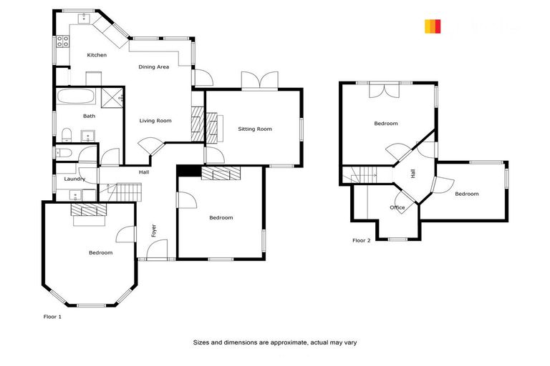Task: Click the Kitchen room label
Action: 97,55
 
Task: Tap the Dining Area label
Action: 153,67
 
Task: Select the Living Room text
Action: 155,121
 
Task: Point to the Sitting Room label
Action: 255,129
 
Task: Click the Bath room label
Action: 89,116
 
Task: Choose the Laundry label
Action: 74,179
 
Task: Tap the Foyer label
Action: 153,230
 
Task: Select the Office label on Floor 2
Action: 397,207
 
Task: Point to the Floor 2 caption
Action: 361,241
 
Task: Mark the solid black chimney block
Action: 189,170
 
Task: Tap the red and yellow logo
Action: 433,26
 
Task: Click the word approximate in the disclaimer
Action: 286,342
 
